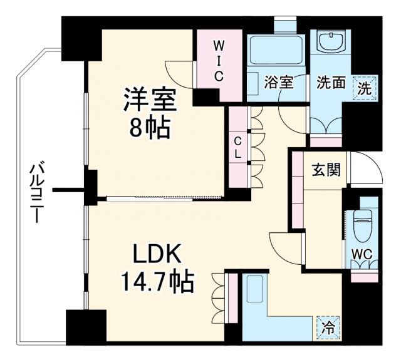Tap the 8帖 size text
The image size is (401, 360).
[x=148, y=128]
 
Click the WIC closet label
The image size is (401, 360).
[x=218, y=61]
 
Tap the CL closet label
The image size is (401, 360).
[x=238, y=145]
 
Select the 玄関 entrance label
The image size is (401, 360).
[x=326, y=169]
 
